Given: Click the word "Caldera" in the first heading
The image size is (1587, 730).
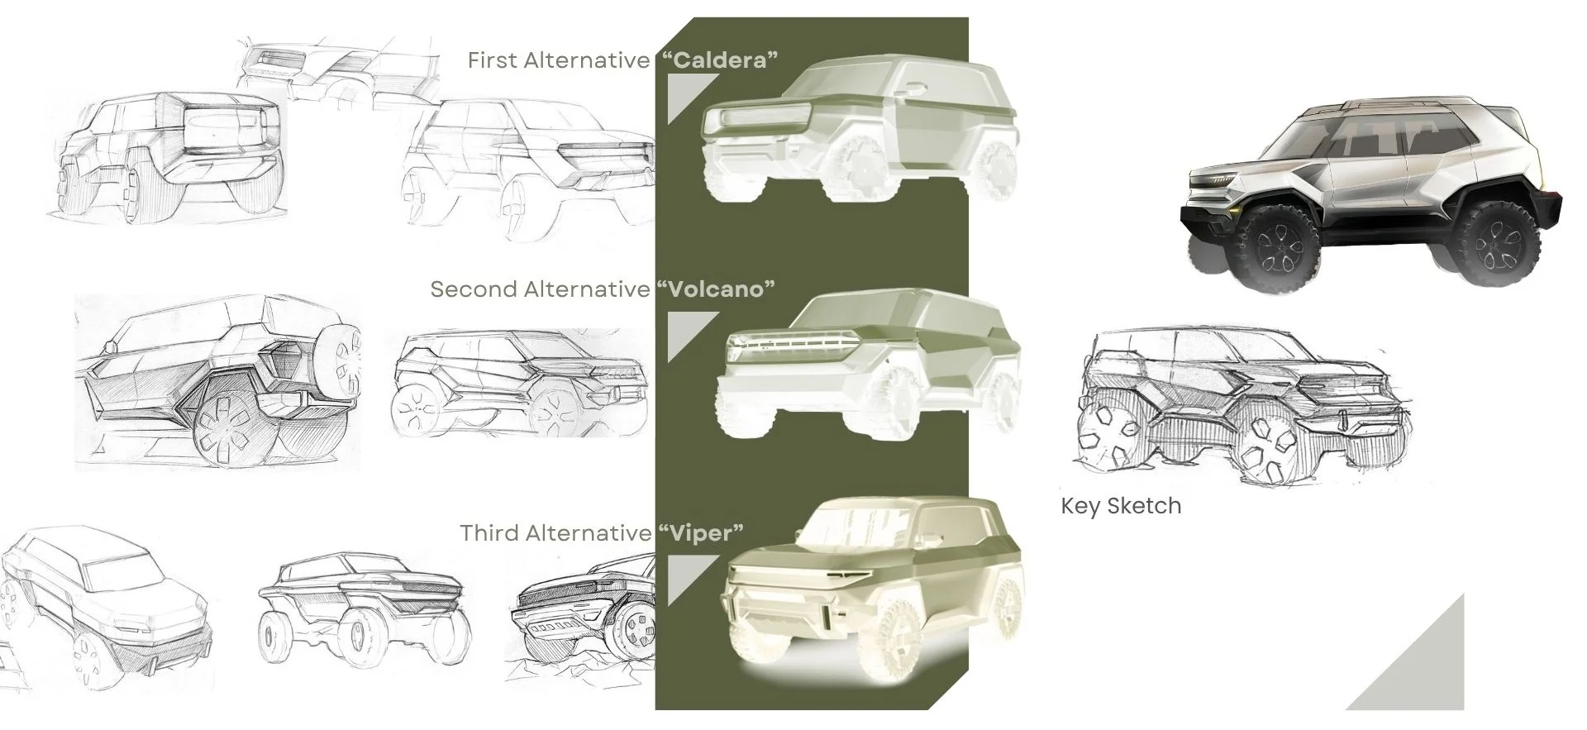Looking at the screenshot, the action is coord(720,60).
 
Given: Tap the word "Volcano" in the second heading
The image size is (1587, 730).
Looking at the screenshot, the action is coord(717,289).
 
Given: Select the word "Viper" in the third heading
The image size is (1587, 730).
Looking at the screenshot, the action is coord(702,533).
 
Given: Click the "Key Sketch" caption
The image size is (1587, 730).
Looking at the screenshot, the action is coord(1121,506).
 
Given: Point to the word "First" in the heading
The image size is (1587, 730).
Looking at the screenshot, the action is coord(494,60).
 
